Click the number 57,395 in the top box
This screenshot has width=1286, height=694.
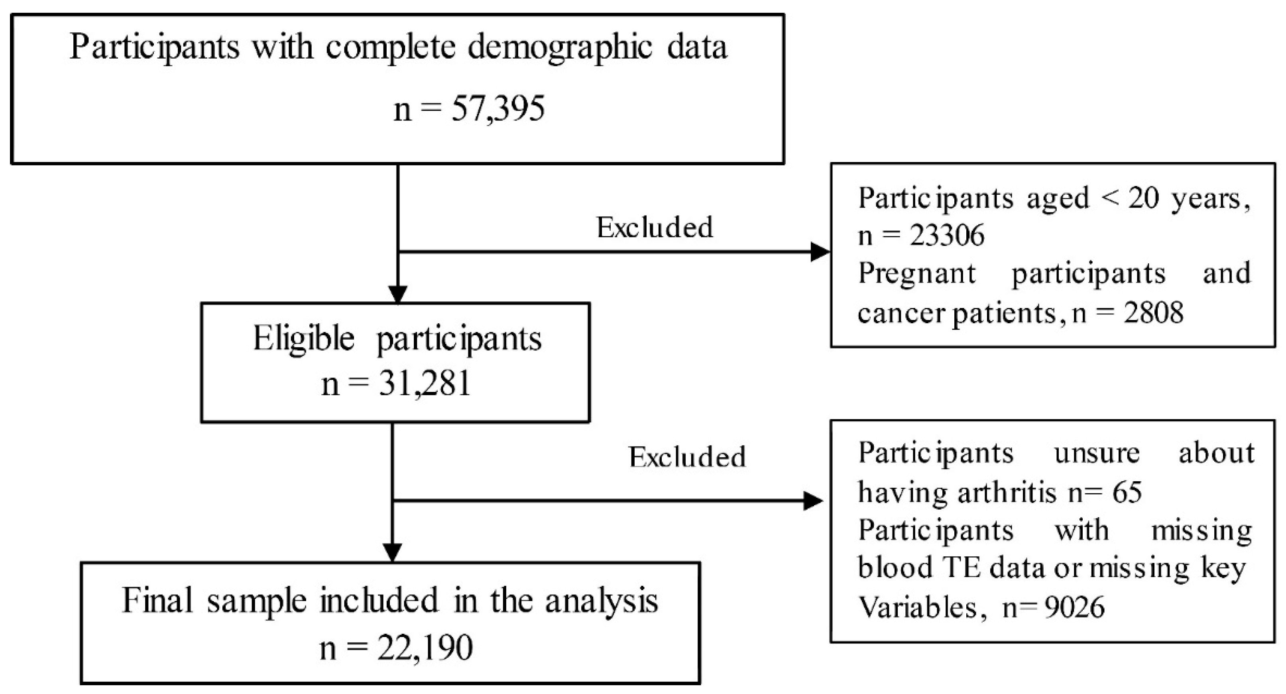(x=498, y=109)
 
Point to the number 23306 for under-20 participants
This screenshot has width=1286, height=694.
(x=947, y=235)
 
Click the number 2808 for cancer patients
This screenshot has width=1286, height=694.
(x=1153, y=313)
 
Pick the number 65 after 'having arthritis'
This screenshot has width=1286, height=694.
(x=1127, y=492)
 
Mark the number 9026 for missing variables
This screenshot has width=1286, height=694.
(x=1074, y=607)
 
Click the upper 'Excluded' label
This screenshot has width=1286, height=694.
(x=655, y=228)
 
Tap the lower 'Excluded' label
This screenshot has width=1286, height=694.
(x=687, y=457)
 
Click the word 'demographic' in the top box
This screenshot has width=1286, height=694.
(x=560, y=48)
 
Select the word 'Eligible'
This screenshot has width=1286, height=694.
(x=304, y=338)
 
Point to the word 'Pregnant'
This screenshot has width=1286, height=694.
(x=916, y=273)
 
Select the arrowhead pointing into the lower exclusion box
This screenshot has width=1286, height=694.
(x=813, y=500)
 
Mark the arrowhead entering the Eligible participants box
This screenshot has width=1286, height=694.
(x=398, y=294)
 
